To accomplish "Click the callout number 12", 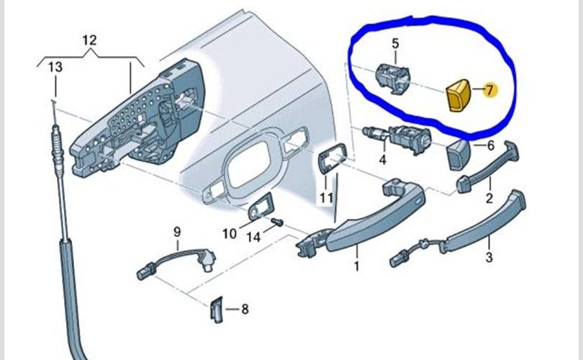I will (89, 40).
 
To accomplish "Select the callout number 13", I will (55, 68).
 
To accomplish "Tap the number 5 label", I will (395, 44).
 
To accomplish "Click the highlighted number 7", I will (489, 91).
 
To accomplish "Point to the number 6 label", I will (491, 145).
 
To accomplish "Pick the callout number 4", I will (383, 158).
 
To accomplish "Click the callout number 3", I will (489, 257).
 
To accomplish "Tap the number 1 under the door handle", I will (356, 267).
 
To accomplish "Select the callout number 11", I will (327, 197).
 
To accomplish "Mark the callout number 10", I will (229, 233).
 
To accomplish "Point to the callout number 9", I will (176, 232).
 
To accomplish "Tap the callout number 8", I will (245, 310).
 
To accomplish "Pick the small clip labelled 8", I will (217, 308).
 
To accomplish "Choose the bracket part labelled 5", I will (393, 76).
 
